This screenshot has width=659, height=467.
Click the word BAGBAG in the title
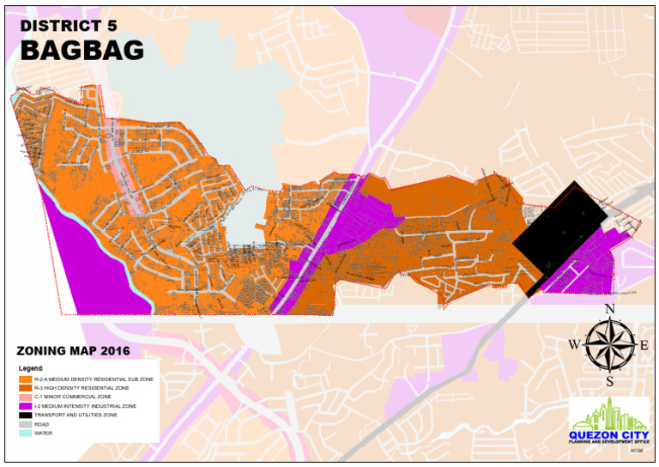(x=82, y=51)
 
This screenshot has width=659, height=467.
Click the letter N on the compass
(x=609, y=310)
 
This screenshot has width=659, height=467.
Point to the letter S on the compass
(x=609, y=381)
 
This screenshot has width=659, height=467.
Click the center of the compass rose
(x=609, y=345)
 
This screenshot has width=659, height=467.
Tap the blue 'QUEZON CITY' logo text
(x=608, y=434)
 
